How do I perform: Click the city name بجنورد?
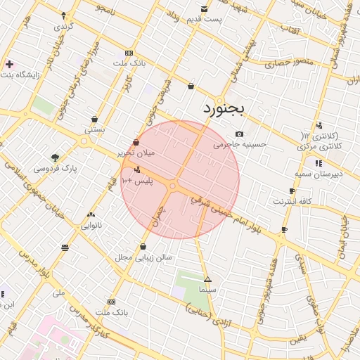pos(224,108)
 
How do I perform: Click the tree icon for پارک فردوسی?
pos(55,157)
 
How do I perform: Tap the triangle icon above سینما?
pos(207,280)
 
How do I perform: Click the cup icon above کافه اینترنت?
pos(292,191)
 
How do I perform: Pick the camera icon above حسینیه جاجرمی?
pos(240,134)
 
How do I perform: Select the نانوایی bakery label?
pos(92,226)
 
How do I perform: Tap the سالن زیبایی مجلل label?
pos(144,257)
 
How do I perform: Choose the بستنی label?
pos(94,130)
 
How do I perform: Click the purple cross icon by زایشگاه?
pos(9,64)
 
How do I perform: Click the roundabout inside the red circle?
pos(173,186)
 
